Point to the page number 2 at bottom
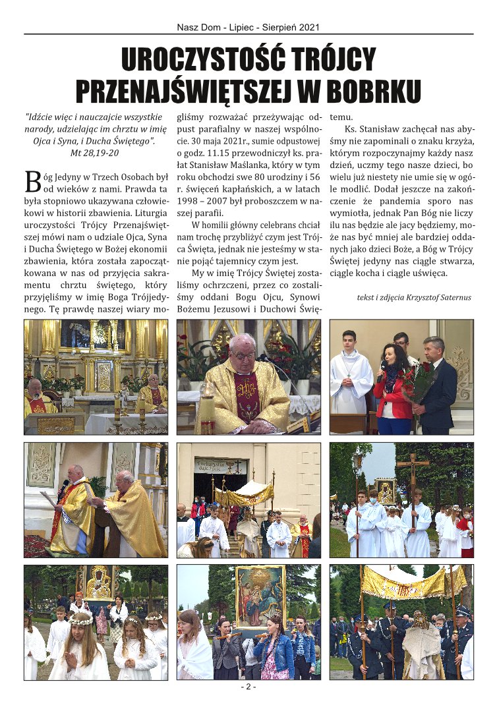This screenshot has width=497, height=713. (248, 687)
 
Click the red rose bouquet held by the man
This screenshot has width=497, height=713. (417, 378)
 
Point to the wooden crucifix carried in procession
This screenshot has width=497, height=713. (412, 471)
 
